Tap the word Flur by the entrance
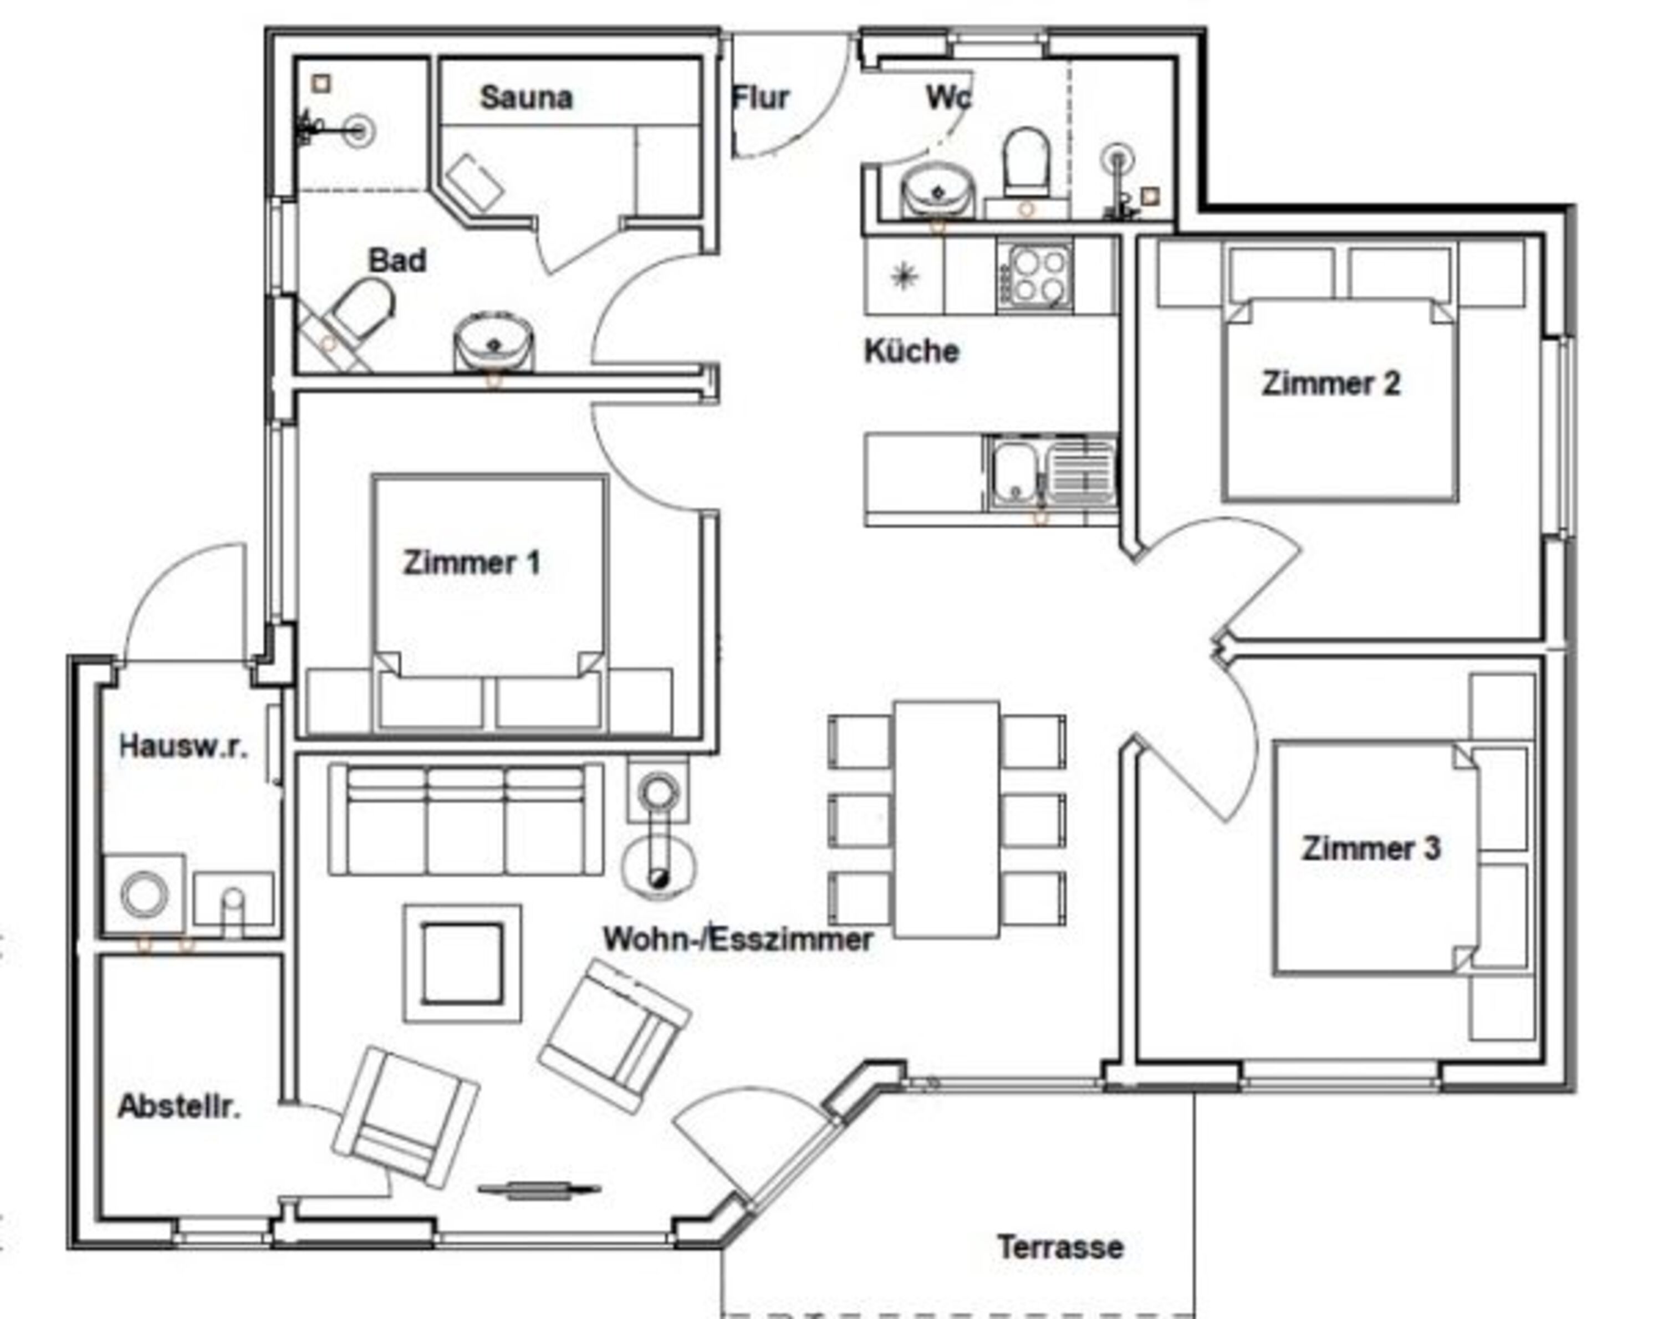[761, 98]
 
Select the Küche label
[912, 351]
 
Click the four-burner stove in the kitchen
[1034, 275]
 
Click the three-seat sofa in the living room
[466, 819]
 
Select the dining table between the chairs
[947, 819]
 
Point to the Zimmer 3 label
[1371, 848]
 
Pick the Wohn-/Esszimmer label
[738, 939]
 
